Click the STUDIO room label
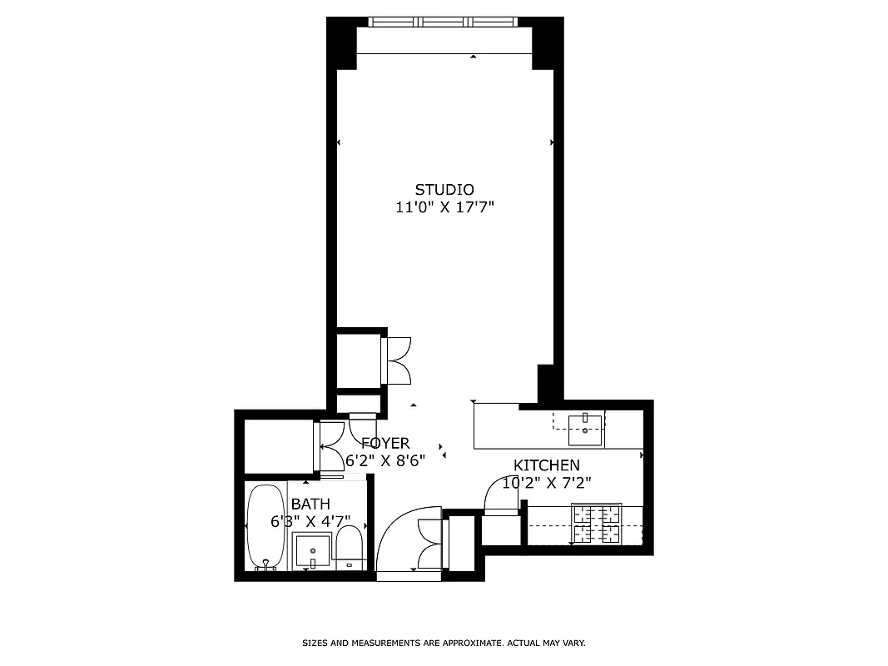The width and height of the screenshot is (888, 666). coord(444,189)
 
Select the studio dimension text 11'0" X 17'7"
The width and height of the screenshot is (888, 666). coord(444,207)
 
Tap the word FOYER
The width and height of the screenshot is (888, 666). coord(385,444)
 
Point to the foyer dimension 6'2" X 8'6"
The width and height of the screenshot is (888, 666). coord(385,460)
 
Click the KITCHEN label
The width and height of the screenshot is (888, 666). coord(546,465)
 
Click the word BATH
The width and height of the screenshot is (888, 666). coord(310,504)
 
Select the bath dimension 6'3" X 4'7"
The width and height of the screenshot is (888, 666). coord(310,522)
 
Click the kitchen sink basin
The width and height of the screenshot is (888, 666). coord(586,429)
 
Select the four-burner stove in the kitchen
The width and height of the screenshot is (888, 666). coord(597,524)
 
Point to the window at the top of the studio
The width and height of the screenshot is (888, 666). coord(444,22)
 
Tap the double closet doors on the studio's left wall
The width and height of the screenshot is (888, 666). coord(398,360)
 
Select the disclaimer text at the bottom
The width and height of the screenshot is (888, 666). coord(444,644)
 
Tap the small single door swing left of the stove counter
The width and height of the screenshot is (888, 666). coord(501,497)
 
